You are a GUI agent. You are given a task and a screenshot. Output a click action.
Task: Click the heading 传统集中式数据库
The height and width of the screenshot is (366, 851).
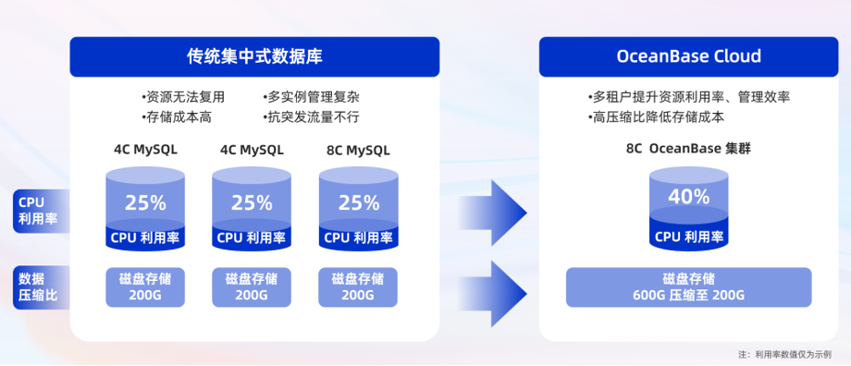254,57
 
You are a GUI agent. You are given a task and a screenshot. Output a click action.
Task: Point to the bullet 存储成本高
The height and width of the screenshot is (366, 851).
177,117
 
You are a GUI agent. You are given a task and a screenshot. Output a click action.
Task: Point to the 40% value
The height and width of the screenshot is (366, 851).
688,197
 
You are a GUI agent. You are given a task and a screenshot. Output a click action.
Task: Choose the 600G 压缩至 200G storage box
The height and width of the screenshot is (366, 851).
688,287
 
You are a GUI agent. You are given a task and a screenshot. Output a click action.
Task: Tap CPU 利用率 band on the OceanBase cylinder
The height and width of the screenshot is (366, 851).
688,237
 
